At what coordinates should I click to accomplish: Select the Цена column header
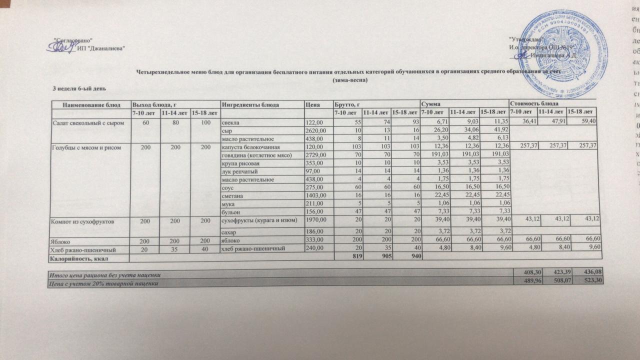coord(313,104)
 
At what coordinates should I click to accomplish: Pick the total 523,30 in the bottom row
coord(592,282)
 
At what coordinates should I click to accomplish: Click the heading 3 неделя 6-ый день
coord(79,88)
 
